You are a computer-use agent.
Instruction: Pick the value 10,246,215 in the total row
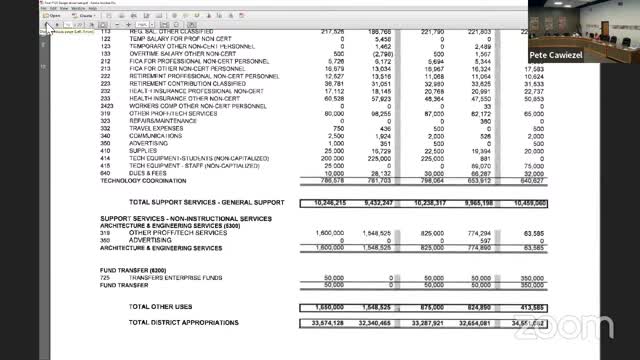point(323,202)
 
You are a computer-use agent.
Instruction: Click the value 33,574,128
point(323,324)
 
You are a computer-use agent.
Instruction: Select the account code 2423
point(107,105)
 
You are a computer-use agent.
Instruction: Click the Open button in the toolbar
point(51,16)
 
